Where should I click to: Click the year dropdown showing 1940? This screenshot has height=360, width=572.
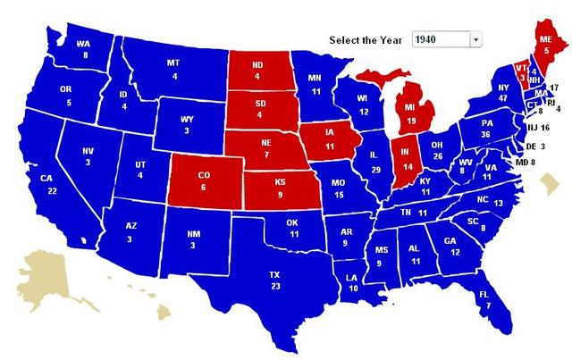(445, 39)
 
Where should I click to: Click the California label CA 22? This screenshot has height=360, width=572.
(53, 210)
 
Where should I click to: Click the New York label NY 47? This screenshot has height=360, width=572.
(502, 94)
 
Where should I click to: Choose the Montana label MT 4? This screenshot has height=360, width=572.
(173, 69)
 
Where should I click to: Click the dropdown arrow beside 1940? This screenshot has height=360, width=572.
(475, 39)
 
